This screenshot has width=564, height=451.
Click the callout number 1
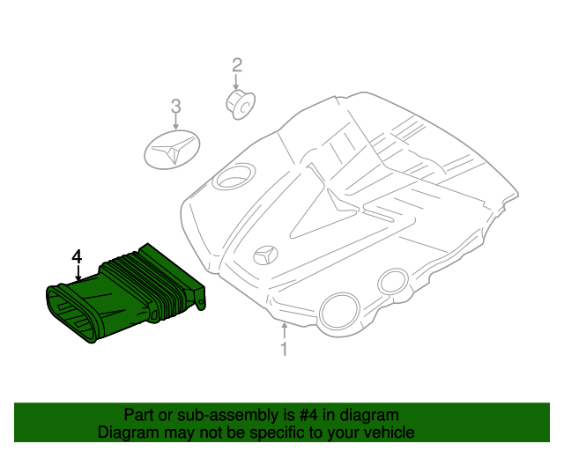pos(284,350)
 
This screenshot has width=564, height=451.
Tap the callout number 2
pos(236,64)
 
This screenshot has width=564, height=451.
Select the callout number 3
pos(175,107)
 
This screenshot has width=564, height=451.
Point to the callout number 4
pos(78,256)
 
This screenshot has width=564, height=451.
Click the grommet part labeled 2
pos(239,102)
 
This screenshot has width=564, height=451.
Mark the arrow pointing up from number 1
pos(284,331)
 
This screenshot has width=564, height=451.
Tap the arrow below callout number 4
pos(78,273)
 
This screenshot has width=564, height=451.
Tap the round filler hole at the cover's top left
pos(231,179)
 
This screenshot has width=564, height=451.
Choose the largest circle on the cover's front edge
pos(338,311)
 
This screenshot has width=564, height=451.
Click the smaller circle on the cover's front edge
pos(390,283)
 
